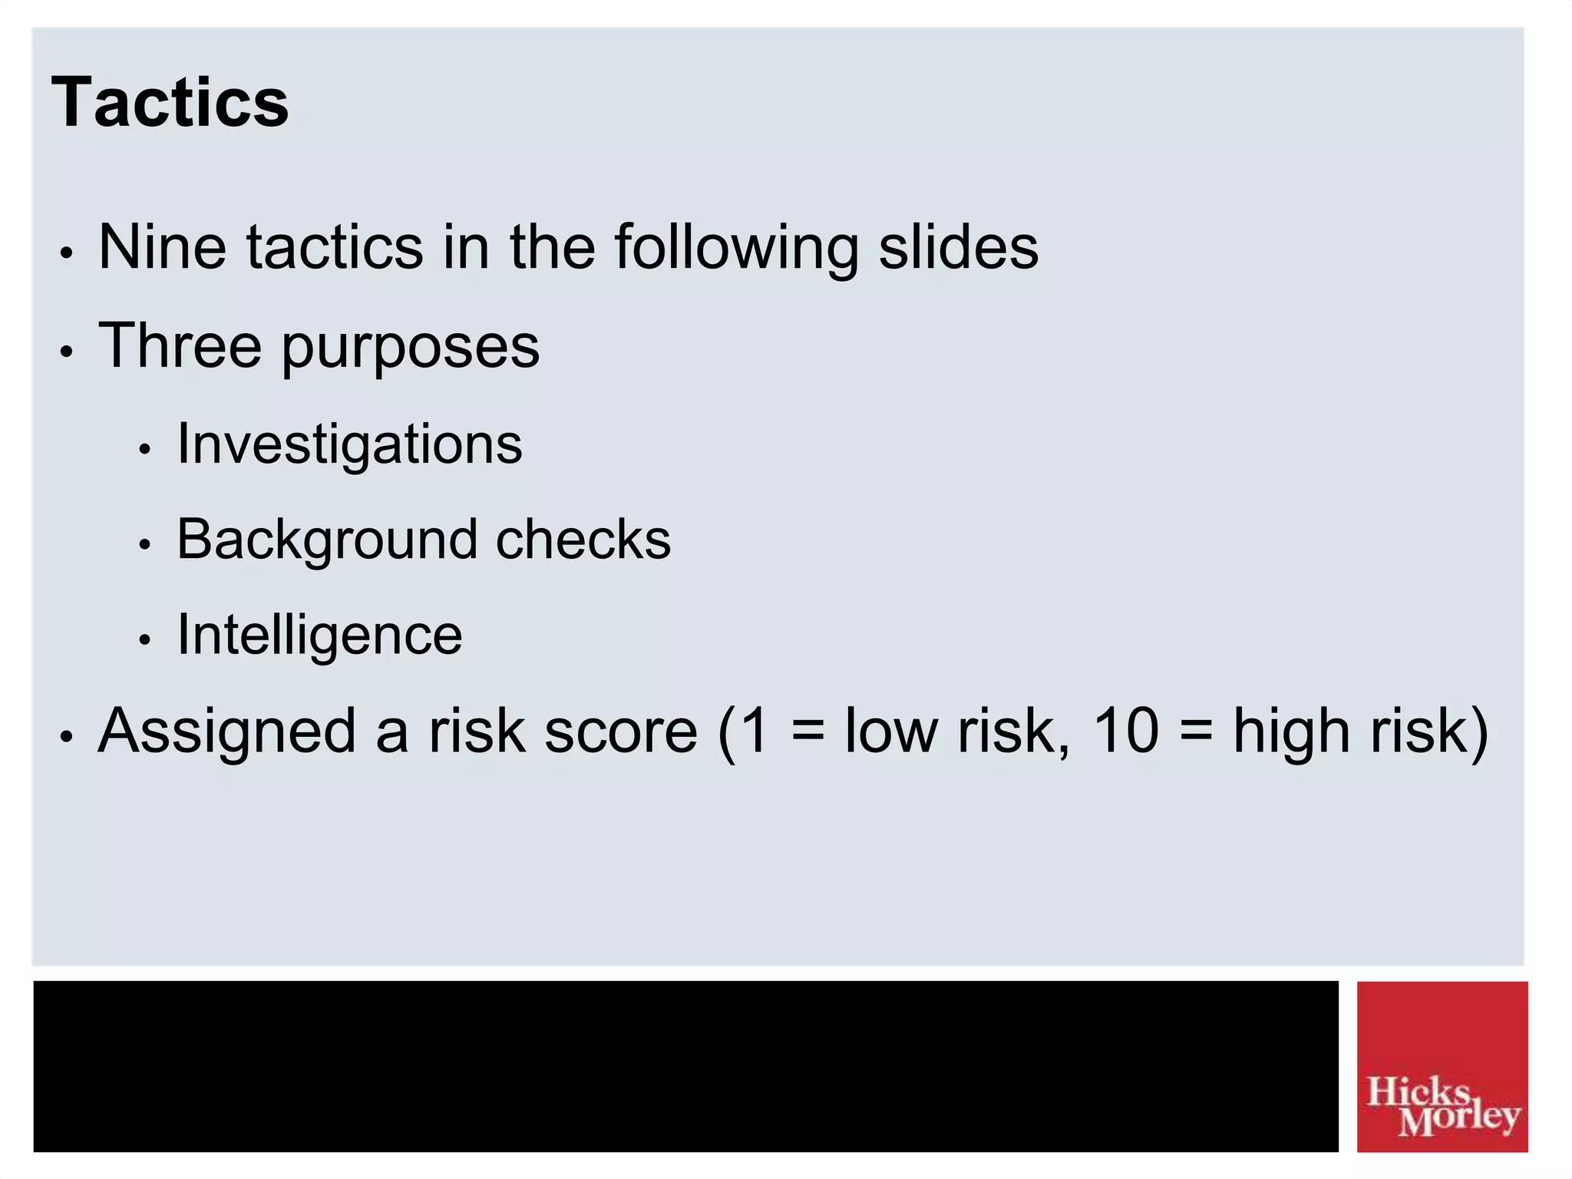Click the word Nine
click(x=162, y=247)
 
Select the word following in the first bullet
click(x=736, y=249)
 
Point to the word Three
click(x=180, y=345)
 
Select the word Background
click(x=326, y=540)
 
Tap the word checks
click(x=583, y=539)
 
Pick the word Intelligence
click(x=319, y=636)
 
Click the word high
click(x=1291, y=732)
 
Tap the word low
click(x=891, y=732)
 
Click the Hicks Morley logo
click(x=1442, y=1066)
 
